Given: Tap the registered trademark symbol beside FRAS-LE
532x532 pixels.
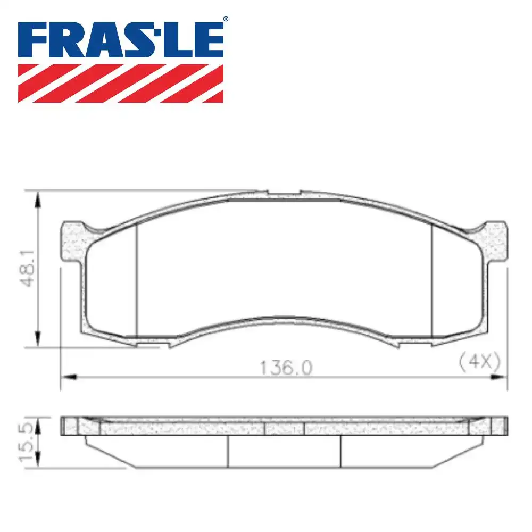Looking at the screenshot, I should [x=225, y=19].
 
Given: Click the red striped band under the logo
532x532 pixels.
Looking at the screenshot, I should [x=121, y=83].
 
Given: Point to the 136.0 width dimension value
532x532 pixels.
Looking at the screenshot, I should [x=286, y=368].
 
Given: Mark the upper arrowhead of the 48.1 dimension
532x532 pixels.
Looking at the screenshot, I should [x=37, y=199].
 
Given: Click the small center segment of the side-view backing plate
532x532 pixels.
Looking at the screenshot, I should [x=284, y=428].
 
